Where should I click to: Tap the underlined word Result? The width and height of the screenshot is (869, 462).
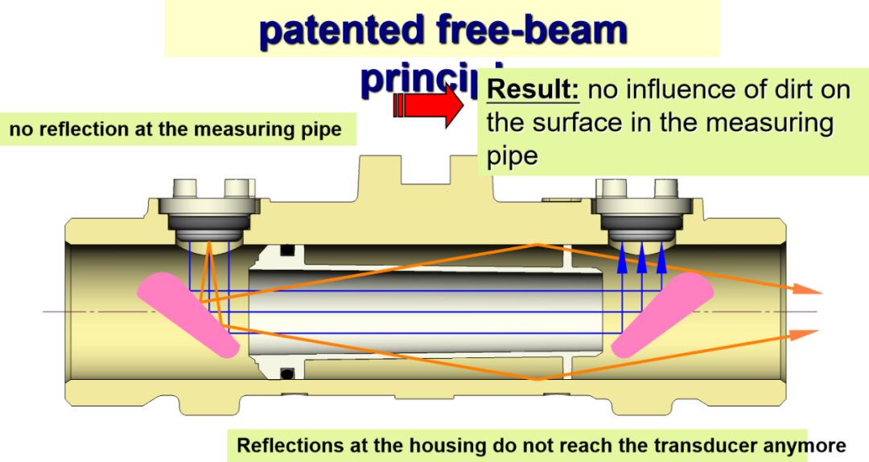pyautogui.click(x=533, y=89)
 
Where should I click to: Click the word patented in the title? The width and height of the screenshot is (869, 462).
pyautogui.click(x=341, y=31)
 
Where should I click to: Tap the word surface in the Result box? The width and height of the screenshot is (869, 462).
pyautogui.click(x=575, y=123)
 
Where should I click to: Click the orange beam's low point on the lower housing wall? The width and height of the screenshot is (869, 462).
pyautogui.click(x=537, y=378)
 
